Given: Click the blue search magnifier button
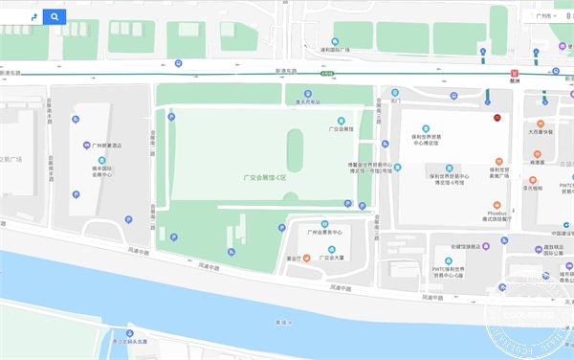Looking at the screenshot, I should pyautogui.click(x=55, y=16).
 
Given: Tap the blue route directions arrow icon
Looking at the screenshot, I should pyautogui.click(x=33, y=16).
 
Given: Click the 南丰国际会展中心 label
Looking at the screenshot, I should pyautogui.click(x=102, y=170).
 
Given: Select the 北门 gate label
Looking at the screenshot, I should pyautogui.click(x=394, y=99).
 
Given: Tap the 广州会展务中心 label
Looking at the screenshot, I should pyautogui.click(x=323, y=233).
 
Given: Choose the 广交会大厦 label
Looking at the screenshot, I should pyautogui.click(x=332, y=257).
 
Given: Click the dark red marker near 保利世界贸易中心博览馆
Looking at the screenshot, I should pyautogui.click(x=497, y=118).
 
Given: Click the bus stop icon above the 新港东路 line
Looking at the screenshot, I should pyautogui.click(x=178, y=63).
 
